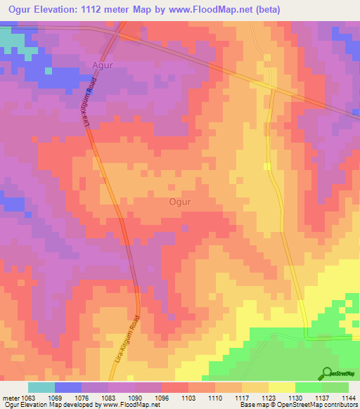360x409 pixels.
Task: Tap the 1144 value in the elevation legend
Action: pyautogui.click(x=348, y=398)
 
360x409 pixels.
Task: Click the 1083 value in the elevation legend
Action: pyautogui.click(x=108, y=398)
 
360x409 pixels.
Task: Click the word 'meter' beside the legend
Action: pyautogui.click(x=11, y=398)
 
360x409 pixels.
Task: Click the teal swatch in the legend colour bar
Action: pyautogui.click(x=41, y=387)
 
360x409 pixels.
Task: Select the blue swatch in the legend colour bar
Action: pyautogui.click(x=67, y=387)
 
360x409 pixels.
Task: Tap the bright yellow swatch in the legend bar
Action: pyautogui.click(x=281, y=387)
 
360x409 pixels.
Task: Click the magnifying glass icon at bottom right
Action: pyautogui.click(x=327, y=372)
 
